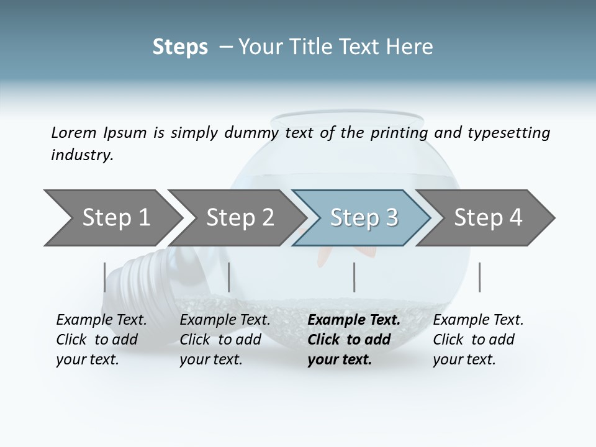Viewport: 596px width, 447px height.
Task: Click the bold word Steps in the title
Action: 180,47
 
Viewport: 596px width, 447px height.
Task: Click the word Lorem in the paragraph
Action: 73,133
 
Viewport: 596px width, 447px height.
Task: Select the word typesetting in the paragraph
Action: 508,133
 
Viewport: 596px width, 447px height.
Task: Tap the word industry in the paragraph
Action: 82,155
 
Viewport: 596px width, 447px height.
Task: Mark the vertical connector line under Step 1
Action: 105,277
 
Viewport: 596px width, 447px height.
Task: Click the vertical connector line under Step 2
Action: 229,277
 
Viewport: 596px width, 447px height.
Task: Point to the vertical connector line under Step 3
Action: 354,277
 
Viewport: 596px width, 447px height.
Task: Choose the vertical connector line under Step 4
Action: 479,277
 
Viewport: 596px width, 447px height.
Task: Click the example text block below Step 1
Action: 101,340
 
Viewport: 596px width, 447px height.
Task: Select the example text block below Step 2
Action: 225,340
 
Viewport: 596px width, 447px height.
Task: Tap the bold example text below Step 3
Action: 354,340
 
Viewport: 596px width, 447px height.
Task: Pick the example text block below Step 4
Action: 478,340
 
